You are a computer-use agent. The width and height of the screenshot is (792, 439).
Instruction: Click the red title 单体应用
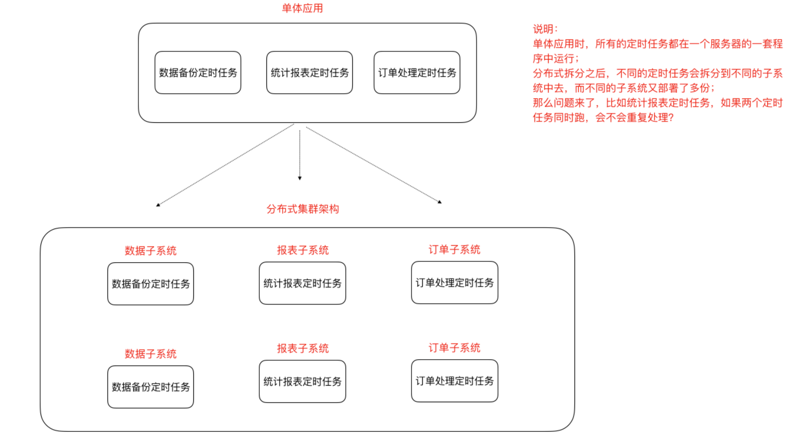[302, 8]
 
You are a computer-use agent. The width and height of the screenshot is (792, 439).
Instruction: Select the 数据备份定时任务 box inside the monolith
[197, 72]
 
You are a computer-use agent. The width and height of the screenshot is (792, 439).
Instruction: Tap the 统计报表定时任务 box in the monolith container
[309, 72]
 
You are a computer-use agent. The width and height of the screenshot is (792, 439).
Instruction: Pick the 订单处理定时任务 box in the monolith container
[417, 72]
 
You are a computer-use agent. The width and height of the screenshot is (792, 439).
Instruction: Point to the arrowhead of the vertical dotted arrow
[300, 178]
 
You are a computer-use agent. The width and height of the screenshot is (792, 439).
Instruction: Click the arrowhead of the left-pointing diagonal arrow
[158, 205]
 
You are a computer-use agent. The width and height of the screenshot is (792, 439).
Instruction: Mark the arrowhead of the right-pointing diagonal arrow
[440, 202]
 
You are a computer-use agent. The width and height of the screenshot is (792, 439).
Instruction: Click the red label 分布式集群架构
[302, 209]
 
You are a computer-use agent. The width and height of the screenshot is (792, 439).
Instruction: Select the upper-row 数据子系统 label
[150, 251]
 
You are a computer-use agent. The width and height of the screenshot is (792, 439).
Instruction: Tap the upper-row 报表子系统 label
[303, 250]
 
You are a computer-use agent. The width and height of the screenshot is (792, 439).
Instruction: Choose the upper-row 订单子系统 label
[454, 249]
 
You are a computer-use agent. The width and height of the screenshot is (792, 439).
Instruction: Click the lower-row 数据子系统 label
[150, 354]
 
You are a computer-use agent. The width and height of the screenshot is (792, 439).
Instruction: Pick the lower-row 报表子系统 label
[303, 348]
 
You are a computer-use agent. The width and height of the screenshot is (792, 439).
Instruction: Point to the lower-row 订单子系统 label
[454, 348]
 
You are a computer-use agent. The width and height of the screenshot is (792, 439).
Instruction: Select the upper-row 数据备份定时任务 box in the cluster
[150, 284]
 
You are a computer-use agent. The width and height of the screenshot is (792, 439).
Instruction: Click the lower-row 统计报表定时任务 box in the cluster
[302, 382]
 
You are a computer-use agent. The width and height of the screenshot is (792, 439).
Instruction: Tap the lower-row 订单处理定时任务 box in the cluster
[455, 381]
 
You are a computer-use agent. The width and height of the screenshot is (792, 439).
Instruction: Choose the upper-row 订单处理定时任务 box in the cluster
[455, 282]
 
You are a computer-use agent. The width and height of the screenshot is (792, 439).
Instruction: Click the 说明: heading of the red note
[545, 29]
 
